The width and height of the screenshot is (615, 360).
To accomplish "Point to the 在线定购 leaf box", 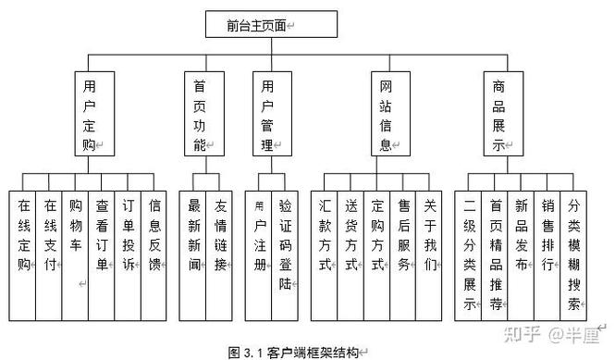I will coord(23,236).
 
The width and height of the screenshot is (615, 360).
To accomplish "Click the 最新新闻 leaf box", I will coord(195,236).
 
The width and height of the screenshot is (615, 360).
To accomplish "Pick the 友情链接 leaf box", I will coord(221,236).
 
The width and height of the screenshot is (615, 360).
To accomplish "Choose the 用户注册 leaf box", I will coord(260,236).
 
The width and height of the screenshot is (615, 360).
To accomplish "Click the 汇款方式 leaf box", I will coord(326,236).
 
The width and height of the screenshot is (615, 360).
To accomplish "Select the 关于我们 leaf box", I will coord(429,236).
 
